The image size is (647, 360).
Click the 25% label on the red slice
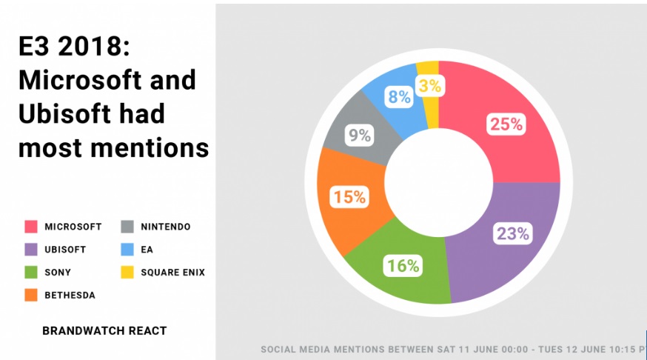pyautogui.click(x=506, y=124)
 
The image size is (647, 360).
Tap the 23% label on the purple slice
pyautogui.click(x=513, y=233)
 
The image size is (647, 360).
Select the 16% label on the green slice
pyautogui.click(x=403, y=265)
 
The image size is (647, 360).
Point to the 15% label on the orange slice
pyautogui.click(x=349, y=197)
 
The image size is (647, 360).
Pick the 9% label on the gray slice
pyautogui.click(x=359, y=135)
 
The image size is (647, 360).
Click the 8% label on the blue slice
pyautogui.click(x=399, y=97)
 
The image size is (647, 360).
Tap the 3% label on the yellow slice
pyautogui.click(x=430, y=86)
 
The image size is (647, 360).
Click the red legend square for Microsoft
pyautogui.click(x=31, y=227)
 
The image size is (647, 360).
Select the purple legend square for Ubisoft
pyautogui.click(x=31, y=250)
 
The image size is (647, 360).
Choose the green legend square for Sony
pyautogui.click(x=31, y=272)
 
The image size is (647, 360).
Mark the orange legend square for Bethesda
pyautogui.click(x=31, y=295)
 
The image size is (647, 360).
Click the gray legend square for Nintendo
pyautogui.click(x=127, y=227)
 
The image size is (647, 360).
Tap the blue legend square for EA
pyautogui.click(x=127, y=250)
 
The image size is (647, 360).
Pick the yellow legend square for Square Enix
pyautogui.click(x=127, y=272)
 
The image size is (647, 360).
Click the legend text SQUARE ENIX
pyautogui.click(x=173, y=273)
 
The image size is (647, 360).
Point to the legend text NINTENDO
pyautogui.click(x=166, y=227)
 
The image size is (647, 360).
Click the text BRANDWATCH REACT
pyautogui.click(x=104, y=330)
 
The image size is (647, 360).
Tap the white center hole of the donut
pyautogui.click(x=439, y=182)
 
